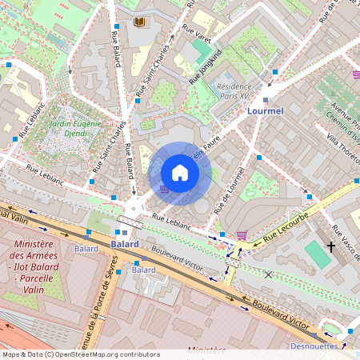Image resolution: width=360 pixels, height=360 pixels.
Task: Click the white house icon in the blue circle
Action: (x=180, y=173)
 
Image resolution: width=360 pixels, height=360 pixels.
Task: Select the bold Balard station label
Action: (x=125, y=243)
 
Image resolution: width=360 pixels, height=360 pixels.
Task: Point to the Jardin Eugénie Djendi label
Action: (x=75, y=129)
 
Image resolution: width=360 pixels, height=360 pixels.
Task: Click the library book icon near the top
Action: (x=140, y=22)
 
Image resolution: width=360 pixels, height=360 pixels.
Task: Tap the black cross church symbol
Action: (x=331, y=247)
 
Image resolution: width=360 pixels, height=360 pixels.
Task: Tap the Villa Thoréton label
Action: (x=342, y=151)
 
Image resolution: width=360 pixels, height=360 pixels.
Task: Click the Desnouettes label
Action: (x=329, y=346)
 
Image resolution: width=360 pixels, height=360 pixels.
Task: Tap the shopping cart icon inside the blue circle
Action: (x=165, y=189)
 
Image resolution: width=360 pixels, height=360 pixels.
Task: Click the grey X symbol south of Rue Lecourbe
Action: (x=268, y=274)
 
